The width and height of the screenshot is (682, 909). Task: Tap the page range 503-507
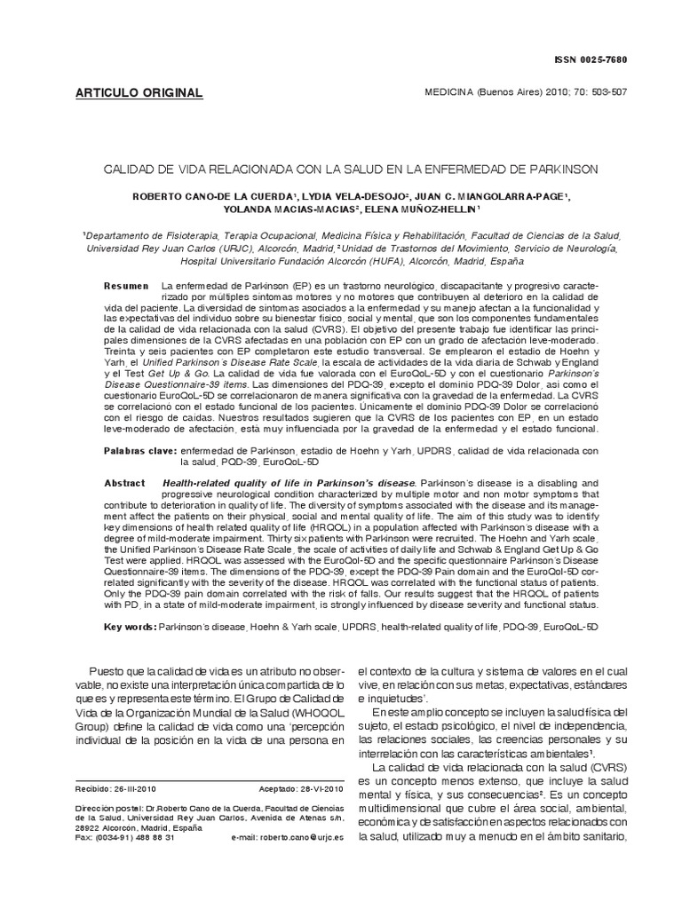(608, 92)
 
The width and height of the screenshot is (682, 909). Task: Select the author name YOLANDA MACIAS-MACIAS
(270, 209)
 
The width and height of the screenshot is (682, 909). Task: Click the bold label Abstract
(124, 482)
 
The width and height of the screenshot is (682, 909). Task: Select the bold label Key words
(130, 626)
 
